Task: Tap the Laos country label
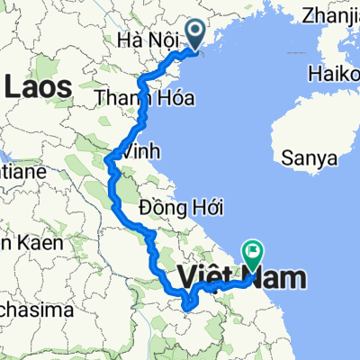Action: tap(40, 86)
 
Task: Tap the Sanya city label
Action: tap(309, 157)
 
